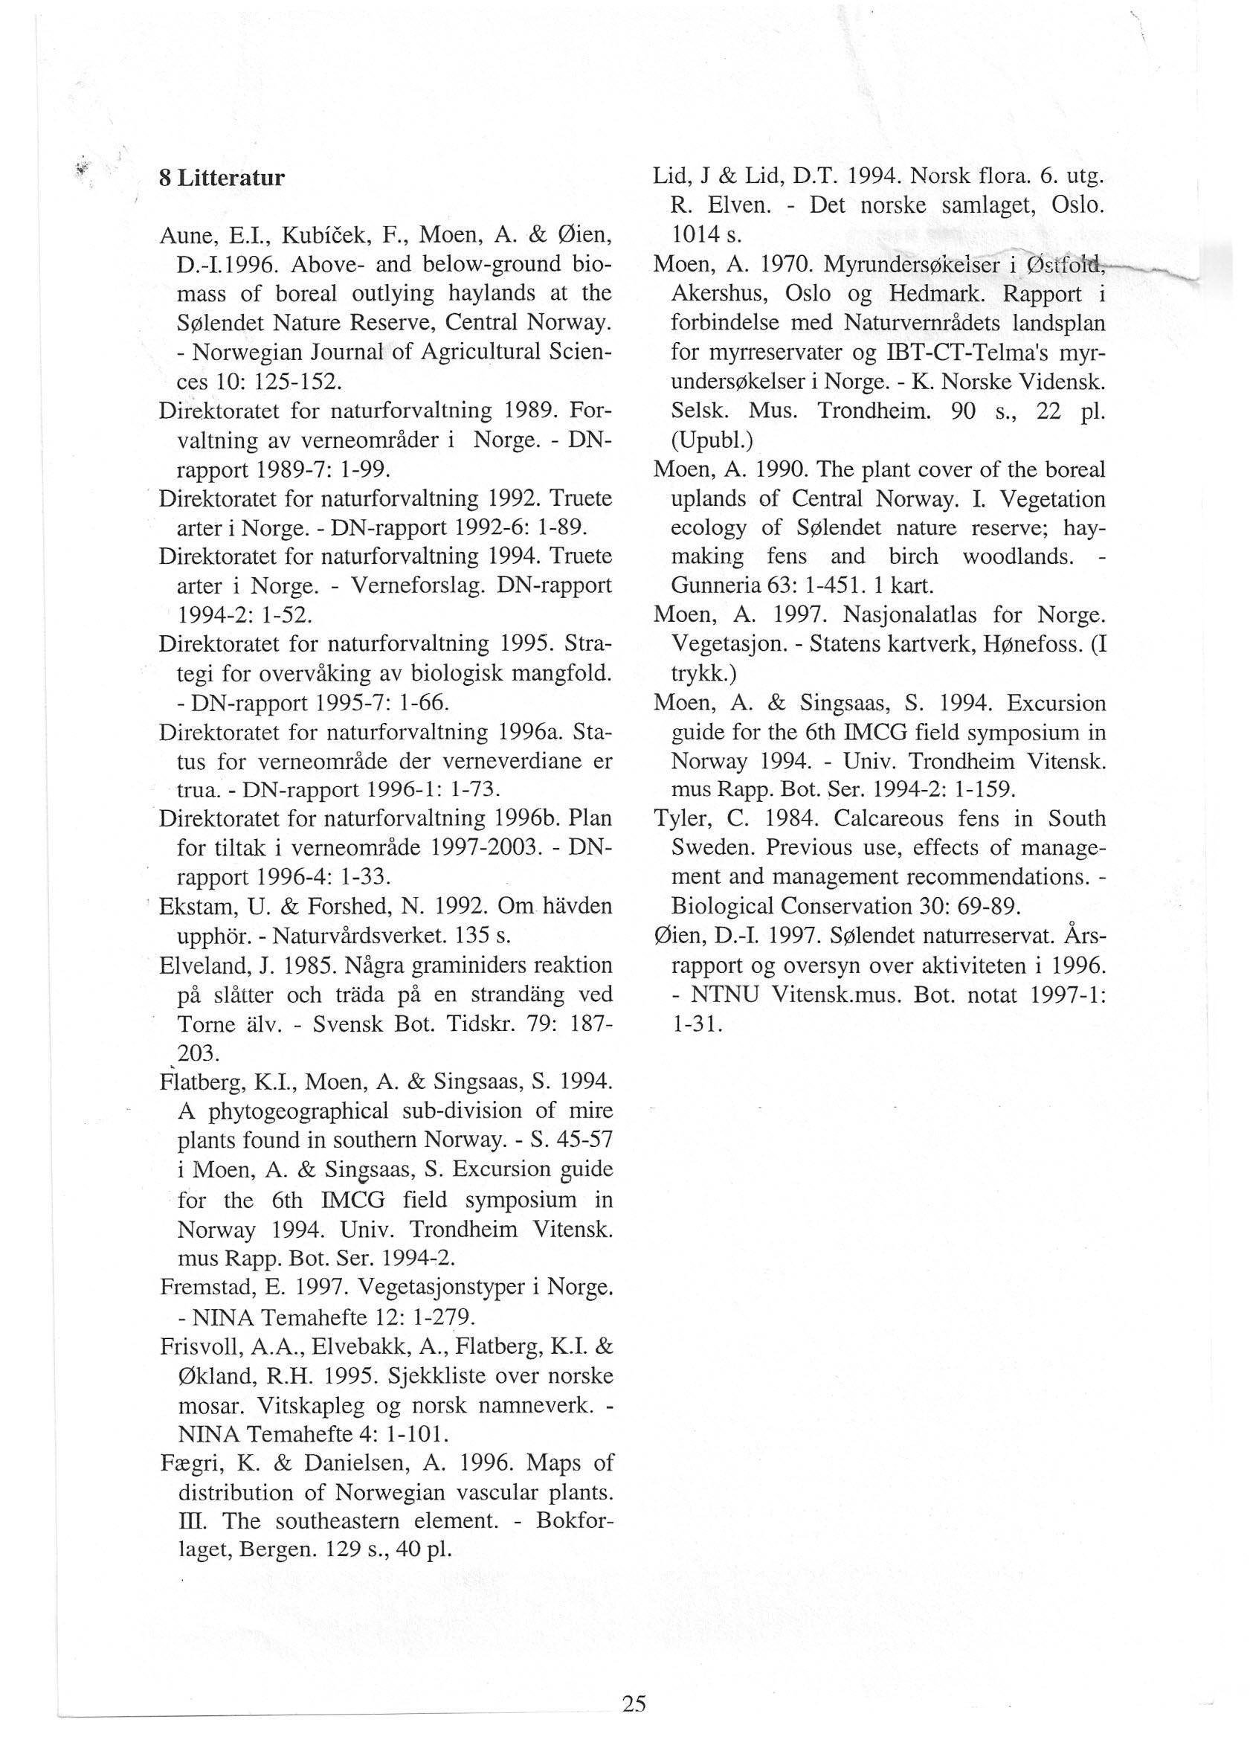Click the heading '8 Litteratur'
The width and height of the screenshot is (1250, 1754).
(x=222, y=179)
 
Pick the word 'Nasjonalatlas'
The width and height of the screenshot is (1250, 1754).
(x=911, y=616)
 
